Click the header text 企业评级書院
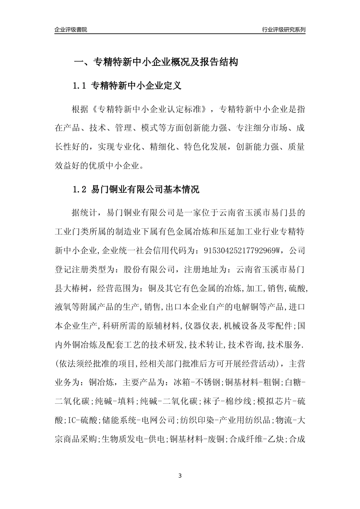pos(71,30)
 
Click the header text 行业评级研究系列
pos(283,30)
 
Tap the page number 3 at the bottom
pos(180,476)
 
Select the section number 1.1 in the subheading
pos(80,86)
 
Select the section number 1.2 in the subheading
pos(80,189)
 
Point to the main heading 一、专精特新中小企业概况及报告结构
pos(155,62)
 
